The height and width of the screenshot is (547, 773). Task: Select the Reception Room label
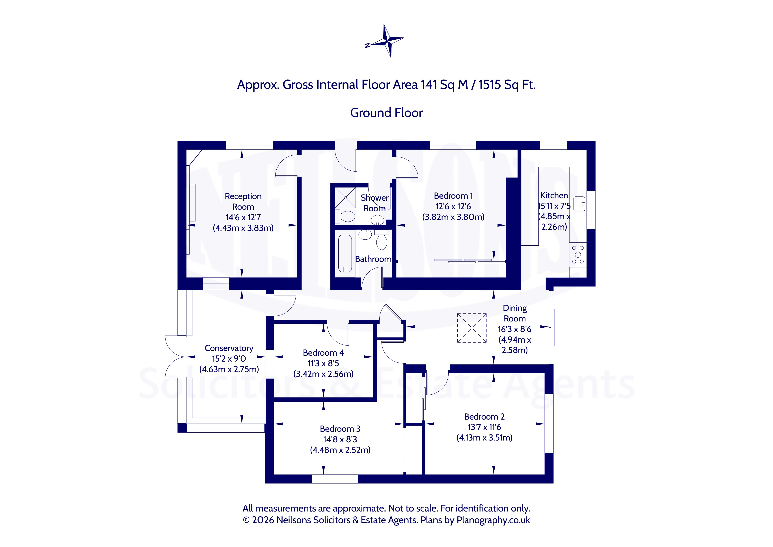point(243,202)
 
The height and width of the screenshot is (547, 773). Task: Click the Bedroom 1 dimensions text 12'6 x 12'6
point(453,206)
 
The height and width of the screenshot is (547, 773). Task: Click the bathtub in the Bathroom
point(345,253)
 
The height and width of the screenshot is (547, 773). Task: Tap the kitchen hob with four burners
point(578,255)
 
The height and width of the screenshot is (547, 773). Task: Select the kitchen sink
point(579,204)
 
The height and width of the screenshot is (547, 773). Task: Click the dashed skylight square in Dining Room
point(472,328)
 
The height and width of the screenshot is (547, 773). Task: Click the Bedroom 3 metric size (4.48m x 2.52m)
point(340,450)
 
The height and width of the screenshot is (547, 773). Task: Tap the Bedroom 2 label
point(484,417)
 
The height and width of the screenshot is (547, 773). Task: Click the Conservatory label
point(229,348)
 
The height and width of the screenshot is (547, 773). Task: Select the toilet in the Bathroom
point(382,239)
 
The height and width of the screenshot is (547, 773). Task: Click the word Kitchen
point(554,195)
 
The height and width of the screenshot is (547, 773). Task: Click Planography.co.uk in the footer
point(493,520)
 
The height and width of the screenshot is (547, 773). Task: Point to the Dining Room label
point(515,313)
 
